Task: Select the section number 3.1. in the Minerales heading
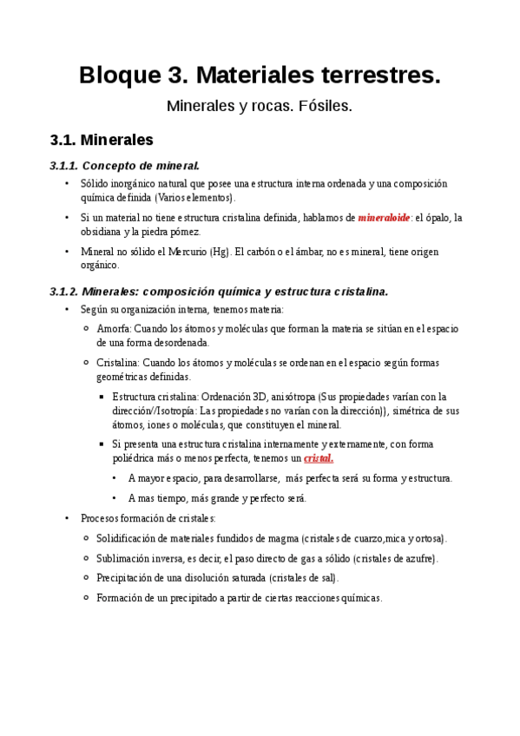click(66, 140)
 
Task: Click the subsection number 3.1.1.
click(65, 165)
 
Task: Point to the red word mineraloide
click(384, 218)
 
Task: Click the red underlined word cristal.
click(319, 457)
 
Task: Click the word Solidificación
click(131, 538)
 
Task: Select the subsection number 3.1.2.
click(65, 292)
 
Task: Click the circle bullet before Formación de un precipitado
click(86, 597)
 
